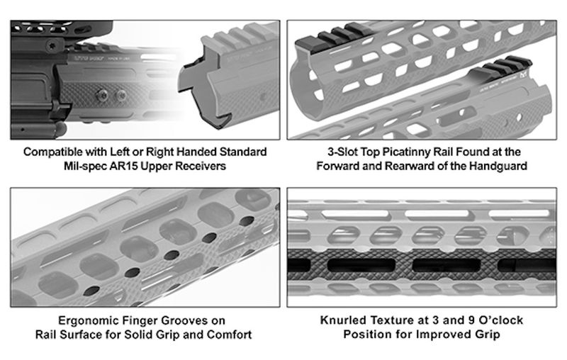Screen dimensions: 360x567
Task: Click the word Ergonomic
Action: (x=86, y=320)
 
